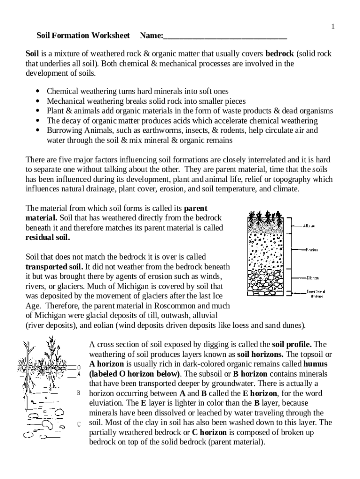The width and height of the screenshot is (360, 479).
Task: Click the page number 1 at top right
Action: click(333, 27)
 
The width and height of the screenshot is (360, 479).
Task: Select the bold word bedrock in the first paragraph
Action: click(280, 54)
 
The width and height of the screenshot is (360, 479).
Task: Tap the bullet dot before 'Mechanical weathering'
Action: click(37, 101)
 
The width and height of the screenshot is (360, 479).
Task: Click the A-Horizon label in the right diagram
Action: click(309, 225)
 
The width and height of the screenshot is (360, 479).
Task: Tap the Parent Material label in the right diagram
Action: click(316, 294)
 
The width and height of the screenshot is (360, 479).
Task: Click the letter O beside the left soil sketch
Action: click(79, 367)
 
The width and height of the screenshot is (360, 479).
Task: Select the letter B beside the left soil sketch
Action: click(79, 393)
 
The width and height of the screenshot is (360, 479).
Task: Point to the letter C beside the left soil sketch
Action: click(79, 424)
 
